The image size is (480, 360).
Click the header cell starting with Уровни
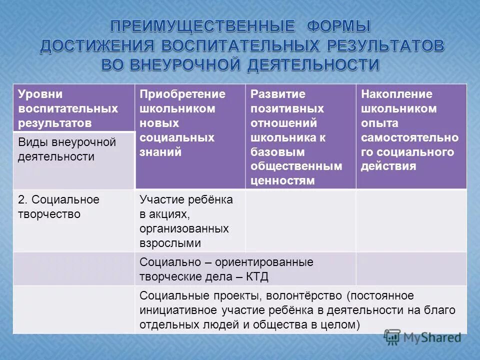tap(73, 108)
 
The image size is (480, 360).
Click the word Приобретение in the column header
tap(182, 94)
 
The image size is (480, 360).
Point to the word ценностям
tap(283, 180)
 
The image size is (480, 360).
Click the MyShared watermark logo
tap(422, 337)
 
